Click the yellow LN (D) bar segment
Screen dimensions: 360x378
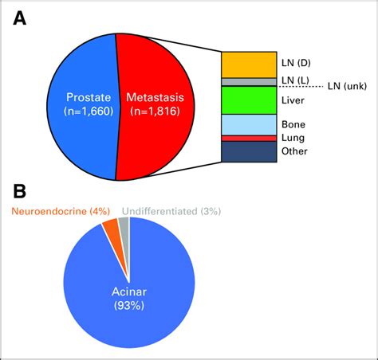tap(249, 65)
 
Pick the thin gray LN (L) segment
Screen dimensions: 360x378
tap(249, 82)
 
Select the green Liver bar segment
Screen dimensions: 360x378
tap(249, 100)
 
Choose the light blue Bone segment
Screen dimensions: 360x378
tap(249, 124)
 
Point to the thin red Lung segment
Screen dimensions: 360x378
tap(249, 138)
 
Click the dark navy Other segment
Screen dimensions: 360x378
tap(249, 151)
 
